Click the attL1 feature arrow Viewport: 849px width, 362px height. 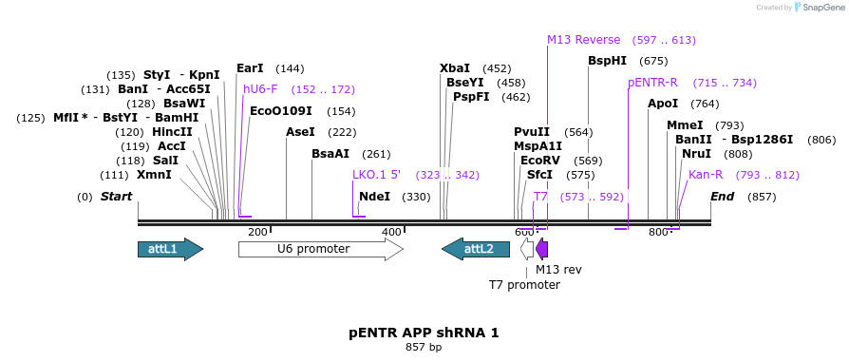(170, 249)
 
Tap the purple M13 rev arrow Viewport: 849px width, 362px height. (542, 249)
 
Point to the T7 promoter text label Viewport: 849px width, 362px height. (524, 284)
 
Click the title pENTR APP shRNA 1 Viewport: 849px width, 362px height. (424, 333)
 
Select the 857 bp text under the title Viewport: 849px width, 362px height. (424, 348)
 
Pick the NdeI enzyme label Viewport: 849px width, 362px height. (374, 197)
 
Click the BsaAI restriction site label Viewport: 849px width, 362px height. (330, 154)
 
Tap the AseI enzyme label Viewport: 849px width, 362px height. (300, 132)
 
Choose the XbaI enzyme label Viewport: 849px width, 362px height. (455, 68)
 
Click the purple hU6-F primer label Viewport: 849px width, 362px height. (260, 89)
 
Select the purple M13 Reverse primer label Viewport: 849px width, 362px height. (583, 40)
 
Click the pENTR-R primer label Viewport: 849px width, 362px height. (653, 83)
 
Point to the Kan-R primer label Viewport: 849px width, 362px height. (706, 175)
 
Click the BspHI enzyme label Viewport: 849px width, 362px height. (607, 61)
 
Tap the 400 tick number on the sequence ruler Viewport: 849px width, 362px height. (391, 232)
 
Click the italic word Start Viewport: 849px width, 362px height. (116, 197)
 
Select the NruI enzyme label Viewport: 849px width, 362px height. (696, 154)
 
